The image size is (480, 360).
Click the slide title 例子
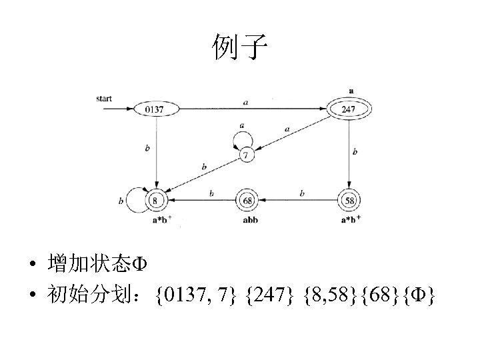pyautogui.click(x=240, y=47)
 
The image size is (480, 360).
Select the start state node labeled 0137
pyautogui.click(x=155, y=109)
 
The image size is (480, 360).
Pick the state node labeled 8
pyautogui.click(x=156, y=199)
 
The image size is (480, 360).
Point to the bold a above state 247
pyautogui.click(x=351, y=91)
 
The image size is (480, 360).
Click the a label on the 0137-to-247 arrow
pyautogui.click(x=246, y=103)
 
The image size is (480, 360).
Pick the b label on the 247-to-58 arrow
pyautogui.click(x=355, y=152)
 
